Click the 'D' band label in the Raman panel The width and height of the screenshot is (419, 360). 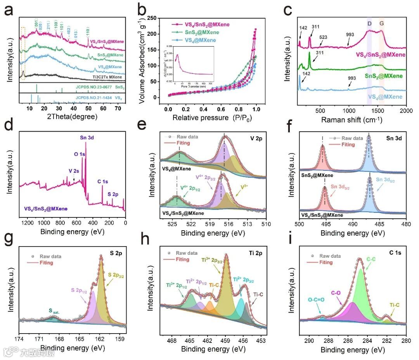[369, 24]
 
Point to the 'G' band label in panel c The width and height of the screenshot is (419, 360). [382, 24]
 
